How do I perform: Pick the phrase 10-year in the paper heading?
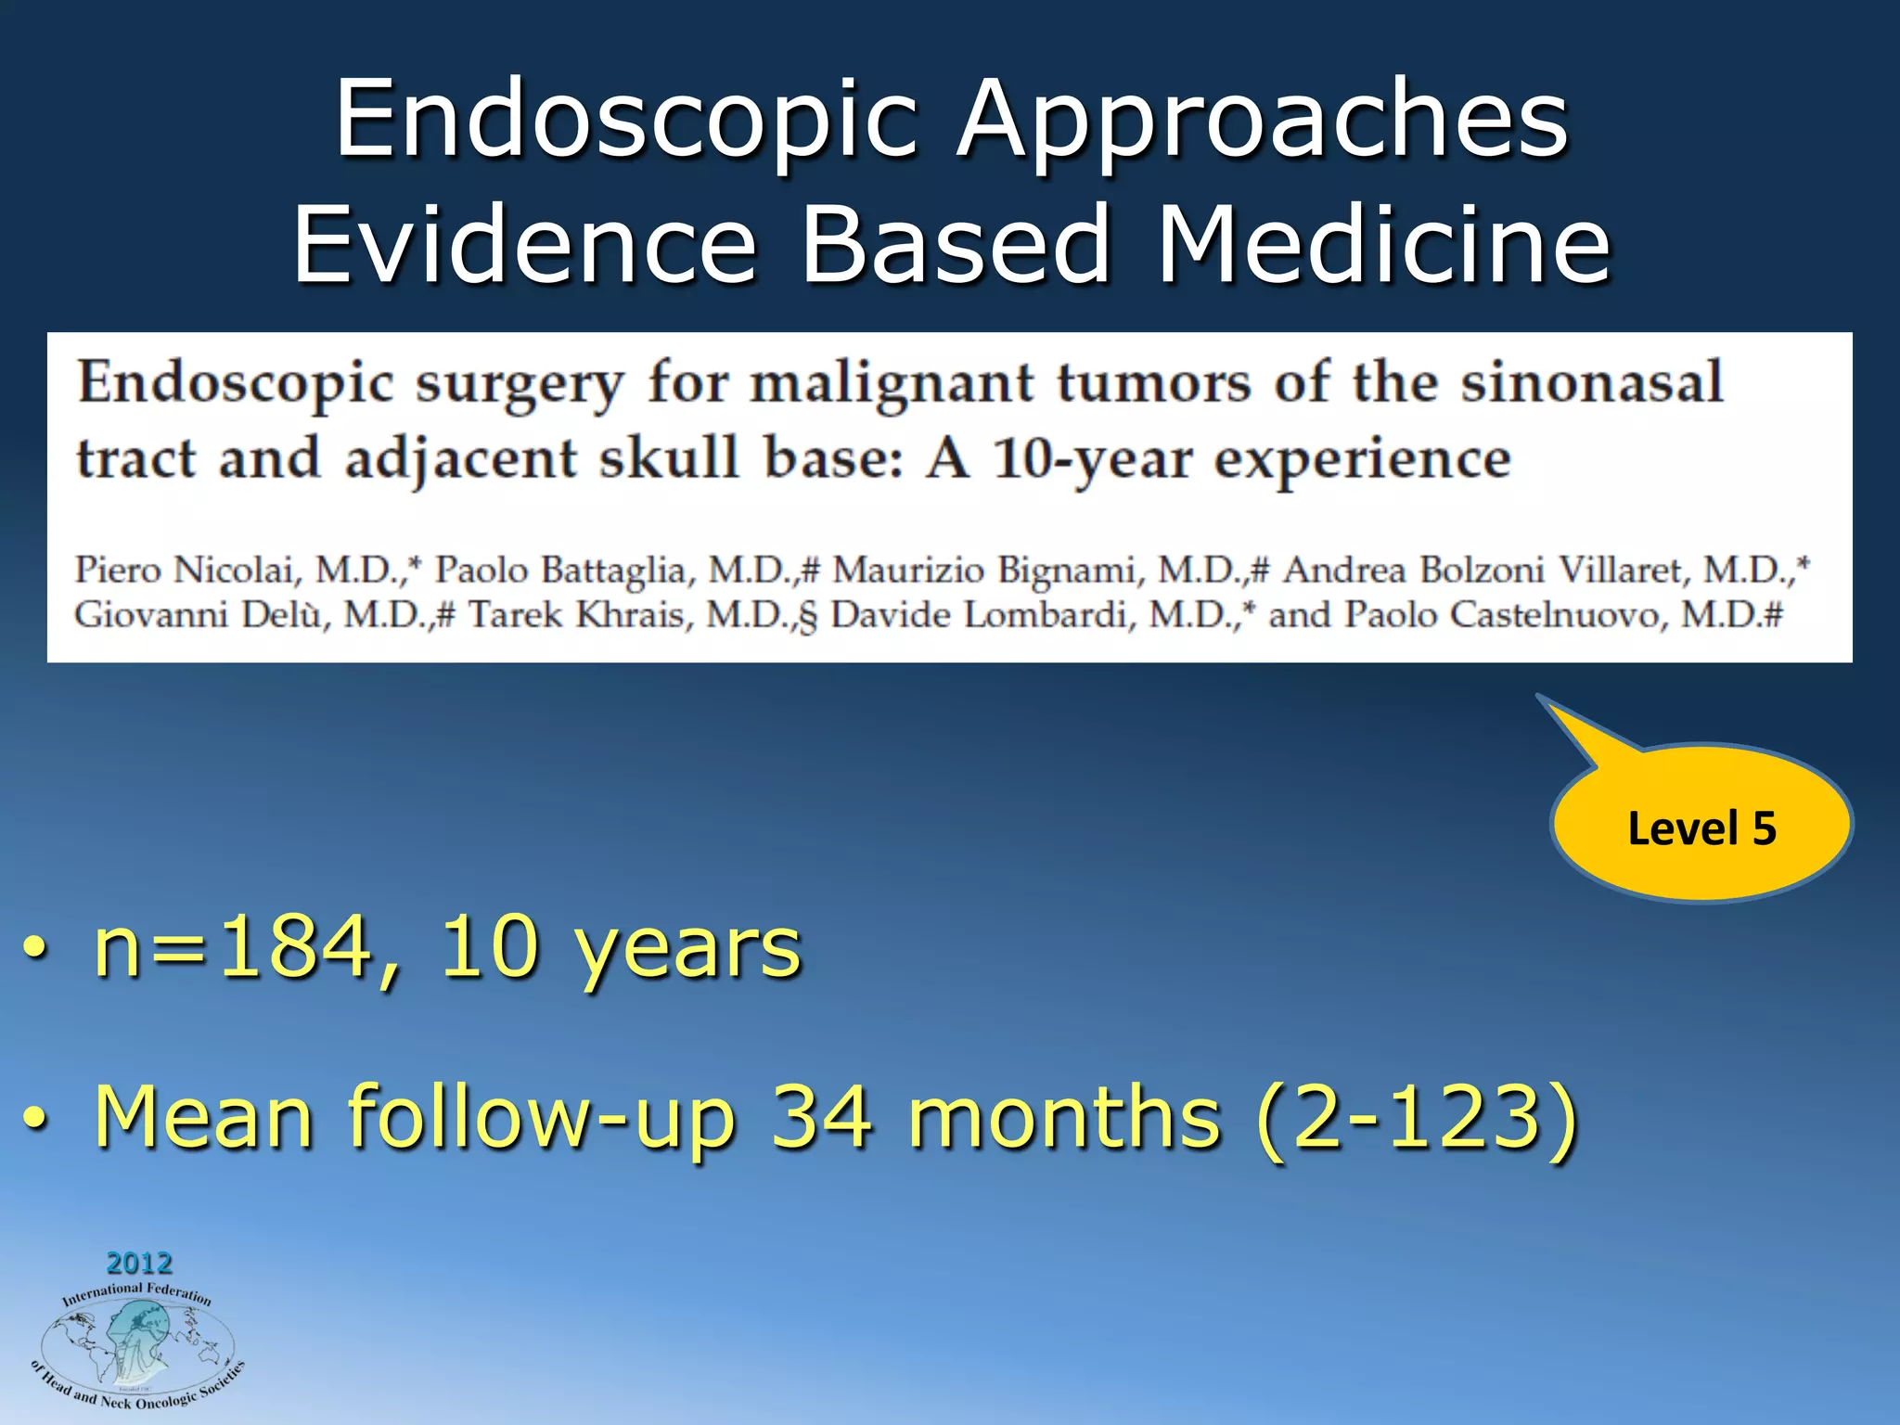click(x=1092, y=460)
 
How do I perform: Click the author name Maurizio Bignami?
click(x=984, y=570)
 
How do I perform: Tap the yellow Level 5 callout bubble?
click(x=1701, y=826)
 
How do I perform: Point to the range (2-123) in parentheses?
click(x=1416, y=1118)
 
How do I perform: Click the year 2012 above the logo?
click(x=139, y=1263)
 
